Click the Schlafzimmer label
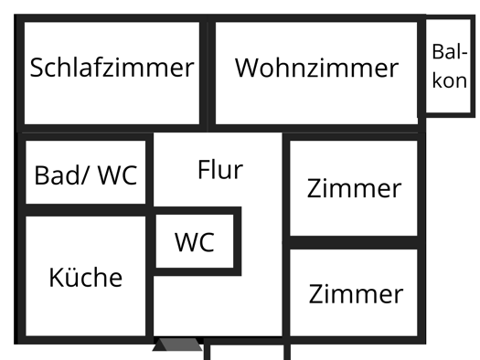(112, 68)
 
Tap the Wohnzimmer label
(316, 68)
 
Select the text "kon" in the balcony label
(449, 80)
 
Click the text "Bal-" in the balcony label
(450, 52)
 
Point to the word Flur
(220, 170)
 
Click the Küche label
(85, 276)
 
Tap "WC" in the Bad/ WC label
(118, 175)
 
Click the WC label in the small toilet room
(195, 242)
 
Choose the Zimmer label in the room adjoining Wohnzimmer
(353, 189)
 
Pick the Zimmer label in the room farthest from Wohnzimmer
(355, 294)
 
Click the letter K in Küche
(56, 276)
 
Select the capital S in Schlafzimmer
(37, 68)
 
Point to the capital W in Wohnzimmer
(248, 68)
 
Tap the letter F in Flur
(203, 170)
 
